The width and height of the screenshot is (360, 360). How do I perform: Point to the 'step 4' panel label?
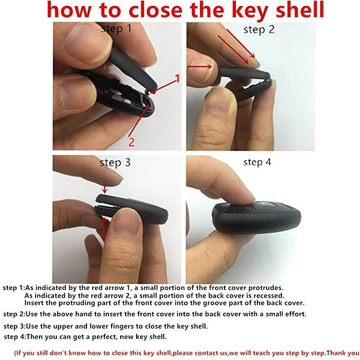[257, 162]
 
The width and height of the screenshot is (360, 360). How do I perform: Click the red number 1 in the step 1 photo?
[177, 79]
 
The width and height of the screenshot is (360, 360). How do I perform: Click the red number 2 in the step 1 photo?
[131, 142]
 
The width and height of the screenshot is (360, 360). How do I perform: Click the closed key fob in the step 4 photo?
[256, 216]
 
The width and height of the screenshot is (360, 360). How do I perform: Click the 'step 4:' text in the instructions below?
[17, 337]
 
